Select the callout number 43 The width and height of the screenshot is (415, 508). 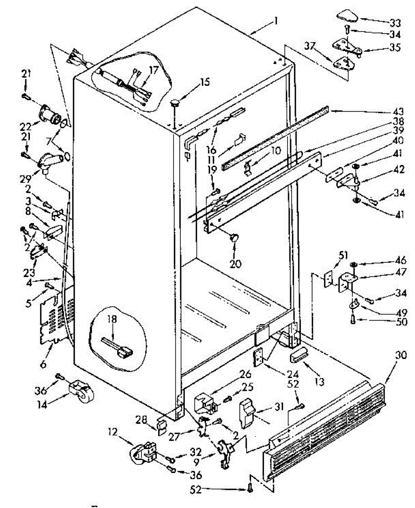coord(398,112)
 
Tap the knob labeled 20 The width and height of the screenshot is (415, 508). coord(234,238)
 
